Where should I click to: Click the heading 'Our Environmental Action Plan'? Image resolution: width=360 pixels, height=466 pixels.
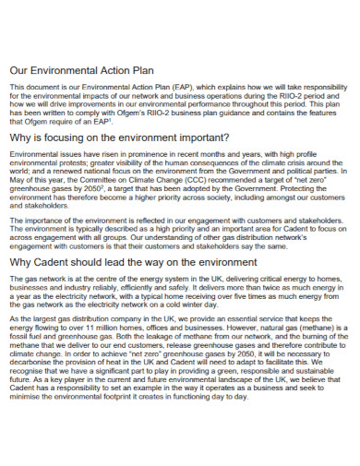click(88, 69)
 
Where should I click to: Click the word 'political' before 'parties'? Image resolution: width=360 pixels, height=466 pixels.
click(293, 171)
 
